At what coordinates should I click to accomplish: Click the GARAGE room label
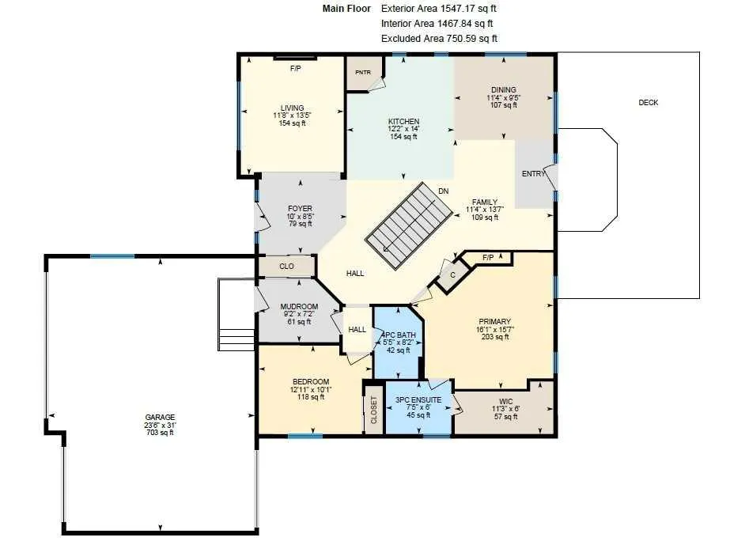(x=160, y=417)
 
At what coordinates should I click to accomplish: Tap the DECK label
(x=648, y=102)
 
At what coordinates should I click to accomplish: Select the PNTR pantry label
(x=363, y=72)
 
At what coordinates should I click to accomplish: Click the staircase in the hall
(x=409, y=225)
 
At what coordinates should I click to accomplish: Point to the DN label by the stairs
(x=443, y=191)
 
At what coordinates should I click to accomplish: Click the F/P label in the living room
(x=296, y=69)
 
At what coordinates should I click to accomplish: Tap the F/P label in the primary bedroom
(x=488, y=257)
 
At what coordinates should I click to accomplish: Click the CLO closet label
(x=286, y=267)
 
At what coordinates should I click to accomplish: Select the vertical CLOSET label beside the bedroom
(x=374, y=410)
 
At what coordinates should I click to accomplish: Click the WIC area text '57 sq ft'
(x=505, y=417)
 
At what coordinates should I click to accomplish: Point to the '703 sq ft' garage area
(x=160, y=433)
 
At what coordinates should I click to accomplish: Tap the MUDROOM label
(x=300, y=306)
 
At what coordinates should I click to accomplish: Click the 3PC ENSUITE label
(x=418, y=400)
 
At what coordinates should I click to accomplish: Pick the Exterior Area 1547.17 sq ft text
(x=439, y=9)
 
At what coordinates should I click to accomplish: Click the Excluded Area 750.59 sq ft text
(x=439, y=39)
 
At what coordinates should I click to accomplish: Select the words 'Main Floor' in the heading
(x=347, y=9)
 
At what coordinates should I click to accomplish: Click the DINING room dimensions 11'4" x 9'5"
(x=504, y=98)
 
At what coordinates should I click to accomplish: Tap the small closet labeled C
(x=452, y=275)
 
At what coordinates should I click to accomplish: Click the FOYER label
(x=300, y=209)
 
